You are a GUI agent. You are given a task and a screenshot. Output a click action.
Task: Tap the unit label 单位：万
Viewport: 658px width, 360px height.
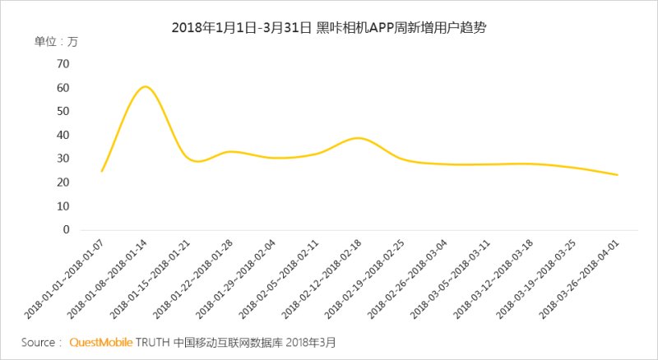(x=56, y=42)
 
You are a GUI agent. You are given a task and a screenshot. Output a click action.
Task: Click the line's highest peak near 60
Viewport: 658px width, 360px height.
(x=145, y=86)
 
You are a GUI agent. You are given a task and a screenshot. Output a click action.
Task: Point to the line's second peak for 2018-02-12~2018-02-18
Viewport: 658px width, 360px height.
(x=359, y=138)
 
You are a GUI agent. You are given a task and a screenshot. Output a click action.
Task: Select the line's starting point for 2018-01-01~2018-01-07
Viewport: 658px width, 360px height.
(x=102, y=171)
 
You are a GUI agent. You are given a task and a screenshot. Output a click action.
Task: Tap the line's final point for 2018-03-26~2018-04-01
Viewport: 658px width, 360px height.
(x=617, y=175)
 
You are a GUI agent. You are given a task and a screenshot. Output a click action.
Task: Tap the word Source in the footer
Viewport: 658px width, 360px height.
(x=39, y=342)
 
